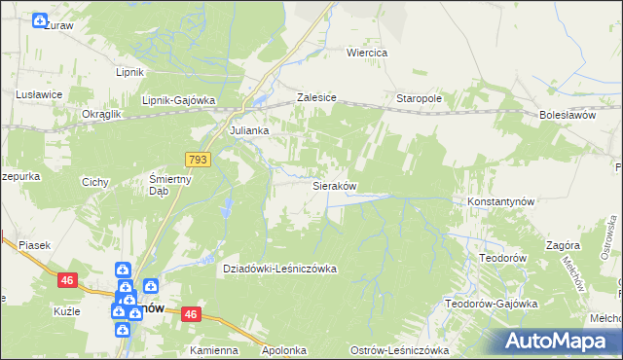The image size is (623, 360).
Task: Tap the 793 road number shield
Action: coord(198,158)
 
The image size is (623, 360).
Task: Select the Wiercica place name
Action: coord(368,53)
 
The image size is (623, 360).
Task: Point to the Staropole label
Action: coord(420,99)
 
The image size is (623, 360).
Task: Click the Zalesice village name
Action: coord(316,99)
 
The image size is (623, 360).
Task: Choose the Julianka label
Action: coord(248,129)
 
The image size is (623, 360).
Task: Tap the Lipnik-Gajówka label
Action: coord(178,100)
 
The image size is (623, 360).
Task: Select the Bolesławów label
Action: coord(566,115)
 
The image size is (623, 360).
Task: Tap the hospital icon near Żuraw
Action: coord(40,20)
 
